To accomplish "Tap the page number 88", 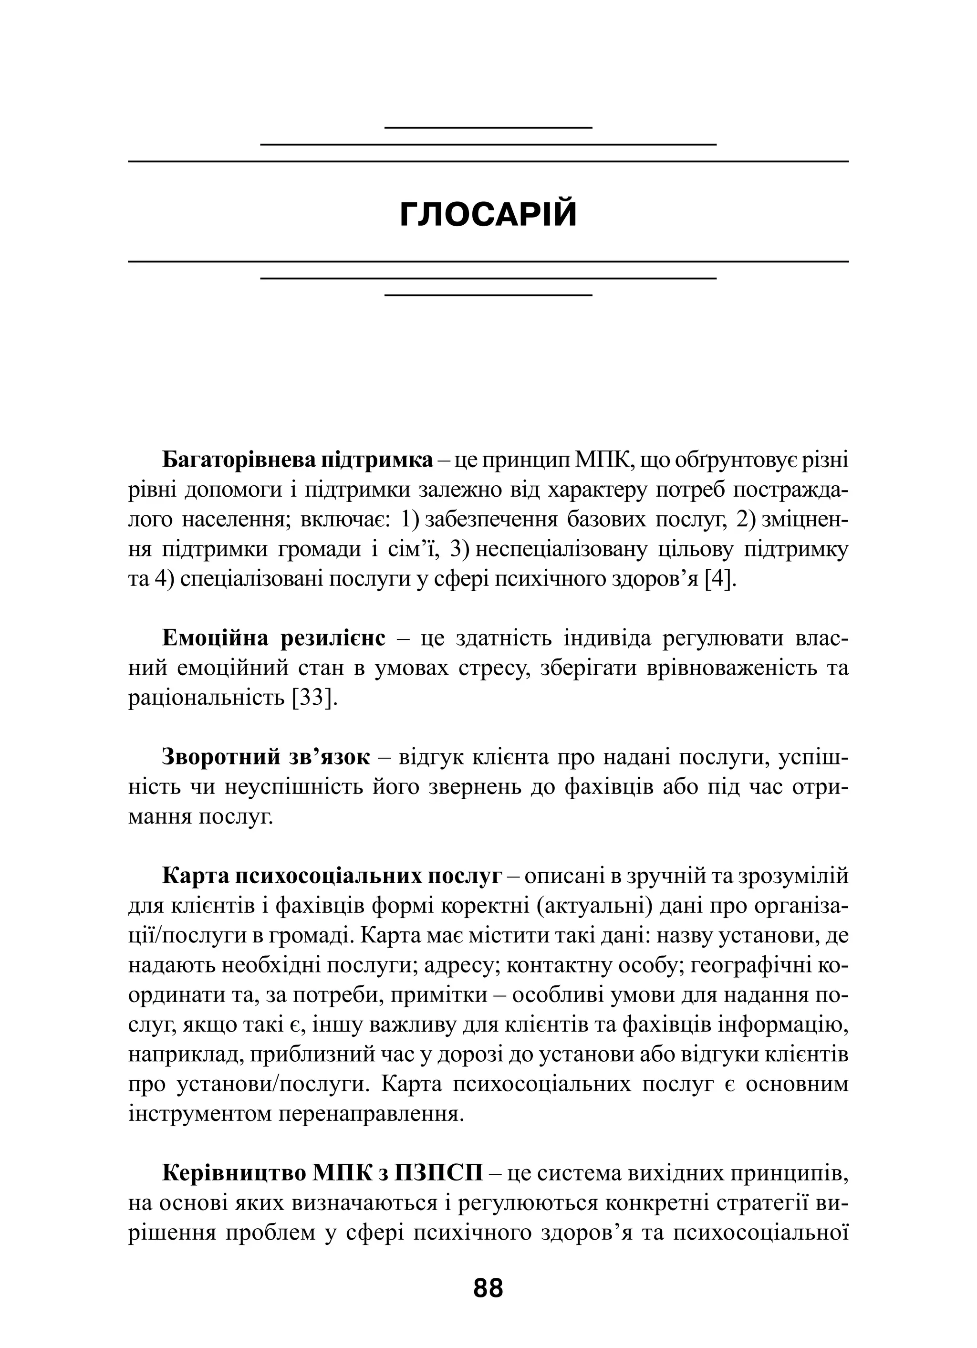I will click(488, 1288).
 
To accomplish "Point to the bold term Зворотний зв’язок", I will click(266, 757).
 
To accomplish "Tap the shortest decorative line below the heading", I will click(488, 295).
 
